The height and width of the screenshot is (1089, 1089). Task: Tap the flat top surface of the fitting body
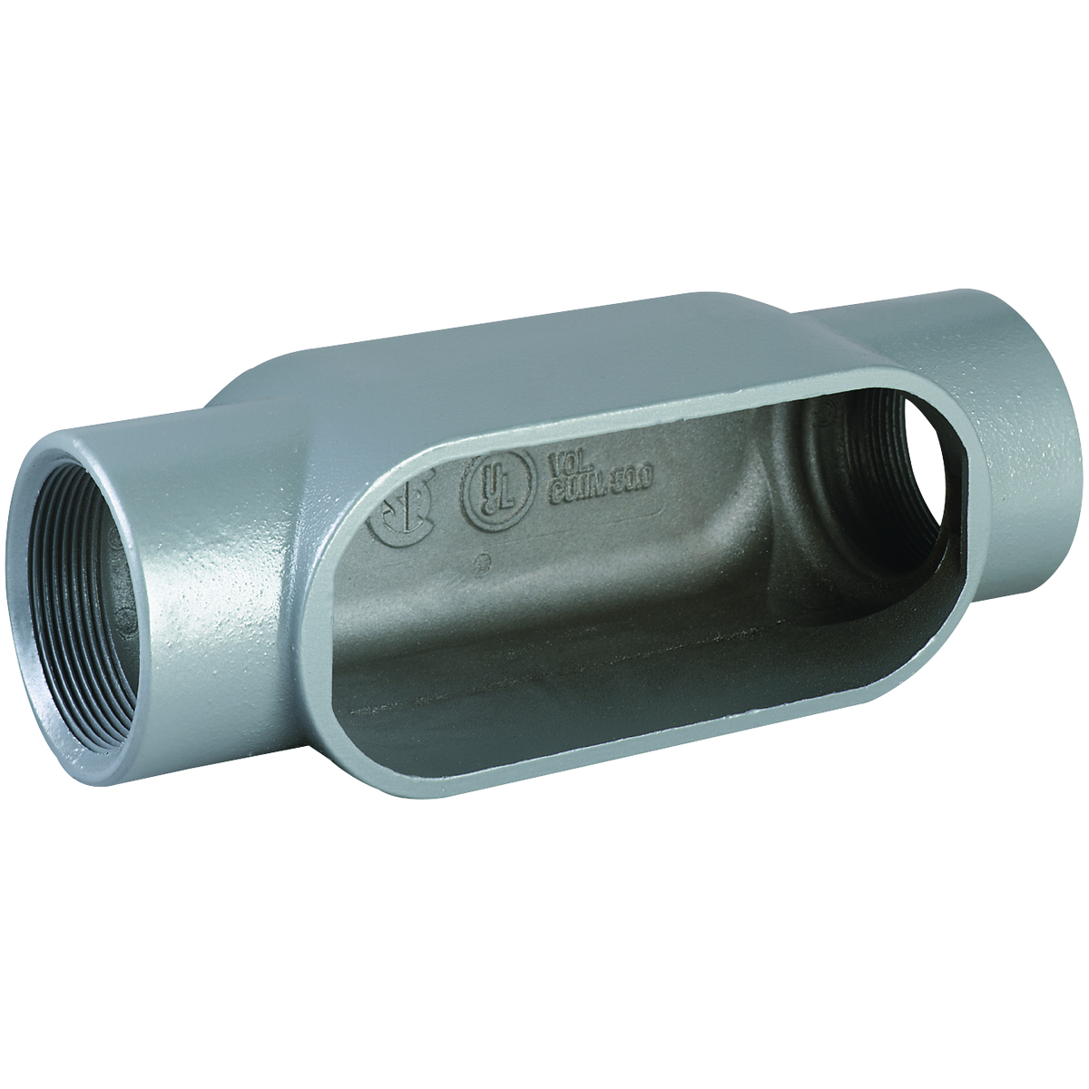(544, 363)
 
